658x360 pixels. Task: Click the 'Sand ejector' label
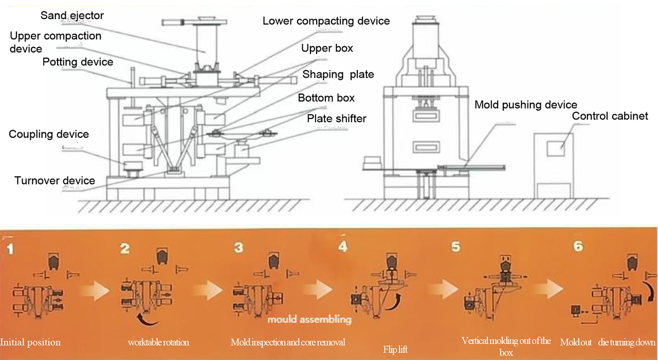click(x=72, y=15)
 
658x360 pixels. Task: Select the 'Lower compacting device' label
click(x=326, y=21)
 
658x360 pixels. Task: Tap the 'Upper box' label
click(x=327, y=48)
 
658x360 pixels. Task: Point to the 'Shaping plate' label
click(x=338, y=75)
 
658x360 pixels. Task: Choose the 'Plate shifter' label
click(x=336, y=119)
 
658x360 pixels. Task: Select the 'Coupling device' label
click(x=49, y=135)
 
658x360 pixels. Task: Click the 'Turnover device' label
click(x=54, y=181)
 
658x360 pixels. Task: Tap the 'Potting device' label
click(x=78, y=62)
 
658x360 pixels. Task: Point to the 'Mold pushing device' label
click(x=525, y=105)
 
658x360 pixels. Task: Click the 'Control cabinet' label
click(x=610, y=116)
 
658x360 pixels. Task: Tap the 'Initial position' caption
click(x=30, y=343)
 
